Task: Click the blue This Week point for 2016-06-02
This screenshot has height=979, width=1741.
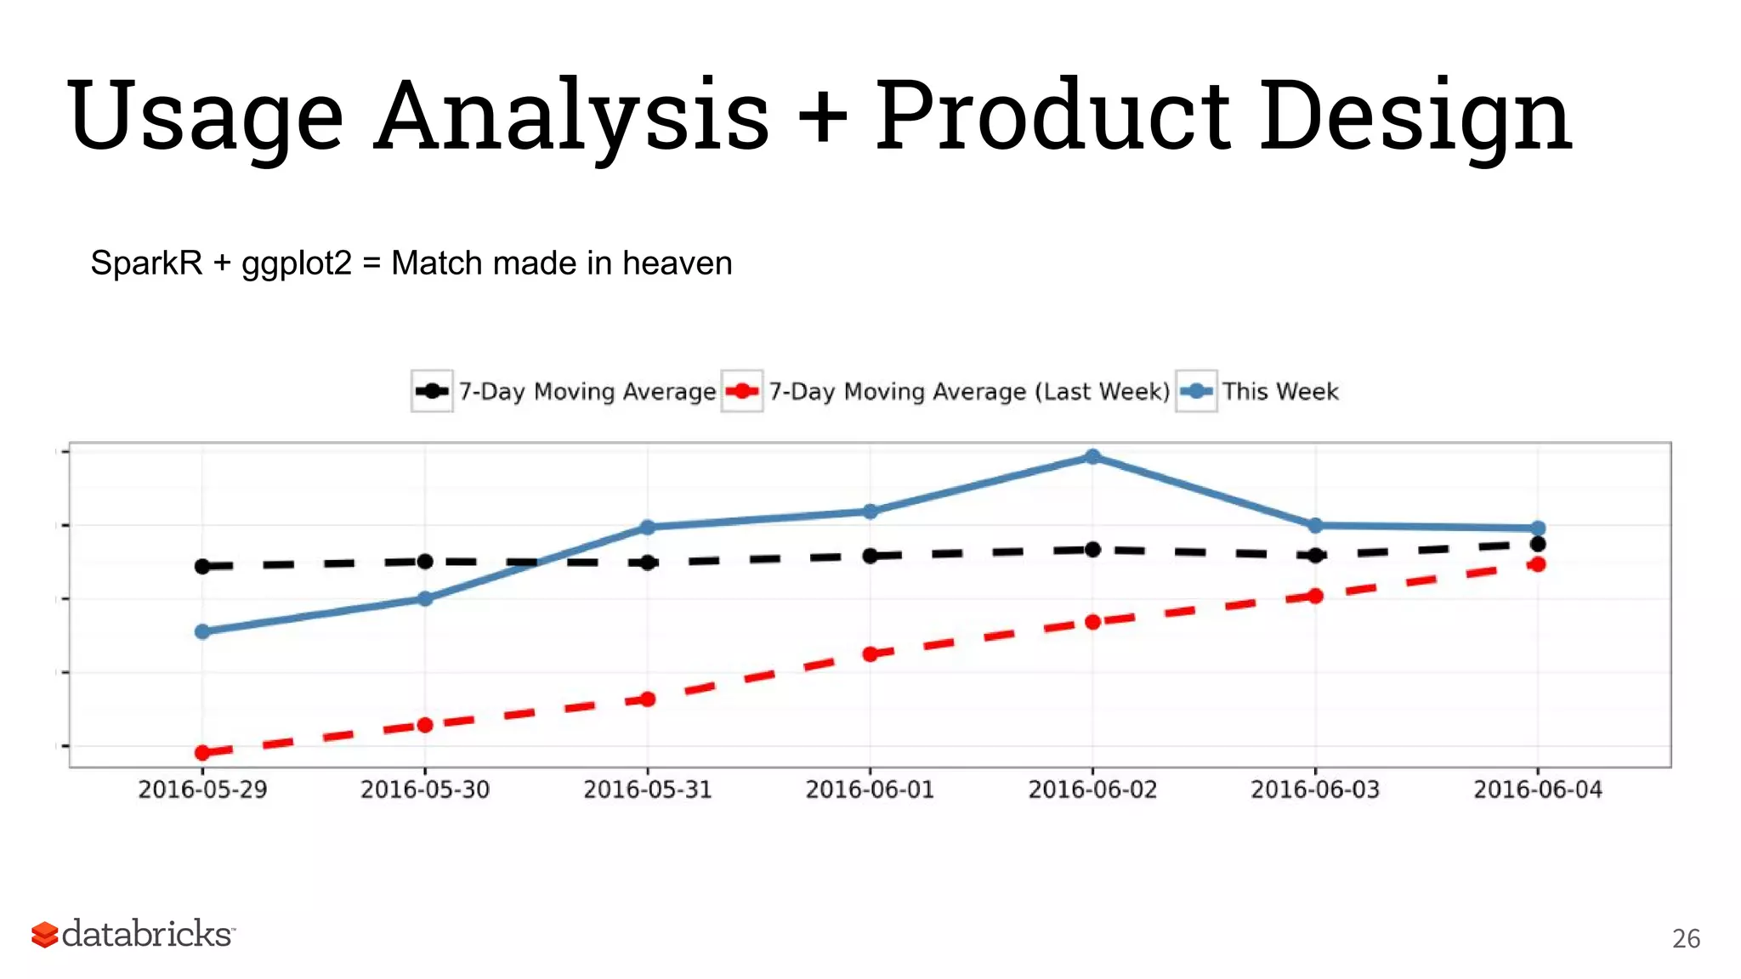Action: click(x=1092, y=457)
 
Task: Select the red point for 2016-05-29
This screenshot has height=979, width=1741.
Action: click(x=202, y=752)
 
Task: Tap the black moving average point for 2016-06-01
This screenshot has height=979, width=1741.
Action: click(x=870, y=556)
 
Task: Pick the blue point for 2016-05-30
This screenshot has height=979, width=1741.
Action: click(x=425, y=598)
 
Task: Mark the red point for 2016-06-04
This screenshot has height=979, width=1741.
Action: click(x=1537, y=564)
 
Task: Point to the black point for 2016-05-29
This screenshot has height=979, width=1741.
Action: click(x=202, y=566)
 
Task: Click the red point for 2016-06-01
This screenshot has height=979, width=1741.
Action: click(x=870, y=654)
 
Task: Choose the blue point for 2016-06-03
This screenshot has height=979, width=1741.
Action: click(x=1315, y=526)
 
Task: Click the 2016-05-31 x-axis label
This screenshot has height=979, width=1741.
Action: click(x=647, y=789)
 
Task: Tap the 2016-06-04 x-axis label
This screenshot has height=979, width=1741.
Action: click(x=1537, y=789)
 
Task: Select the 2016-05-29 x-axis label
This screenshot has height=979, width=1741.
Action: click(x=202, y=789)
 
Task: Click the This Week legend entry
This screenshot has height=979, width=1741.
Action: click(x=1279, y=392)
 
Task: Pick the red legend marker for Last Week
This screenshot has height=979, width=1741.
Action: click(x=741, y=391)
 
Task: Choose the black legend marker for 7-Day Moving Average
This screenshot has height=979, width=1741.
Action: click(x=432, y=391)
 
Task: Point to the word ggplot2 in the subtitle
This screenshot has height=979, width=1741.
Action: click(x=296, y=263)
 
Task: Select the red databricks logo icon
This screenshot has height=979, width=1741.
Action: click(x=44, y=934)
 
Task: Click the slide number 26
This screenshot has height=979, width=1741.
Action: click(x=1686, y=939)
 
